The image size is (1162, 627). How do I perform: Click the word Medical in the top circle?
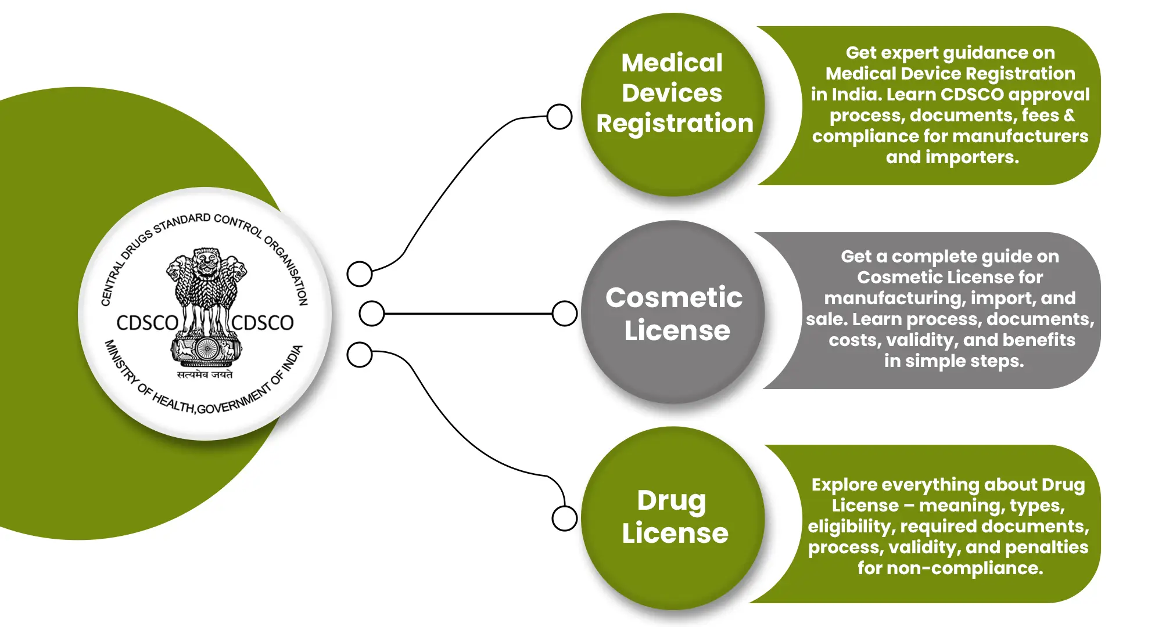[x=672, y=63]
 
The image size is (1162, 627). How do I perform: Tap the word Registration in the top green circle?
[x=675, y=124]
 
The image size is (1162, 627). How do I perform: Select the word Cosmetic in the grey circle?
[x=674, y=298]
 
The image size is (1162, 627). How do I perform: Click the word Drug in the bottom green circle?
[x=672, y=500]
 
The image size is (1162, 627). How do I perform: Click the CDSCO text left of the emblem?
[x=147, y=323]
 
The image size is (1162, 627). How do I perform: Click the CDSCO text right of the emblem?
[x=263, y=323]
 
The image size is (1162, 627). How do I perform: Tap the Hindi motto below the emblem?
[x=205, y=374]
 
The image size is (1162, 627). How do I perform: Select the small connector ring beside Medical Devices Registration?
[x=560, y=117]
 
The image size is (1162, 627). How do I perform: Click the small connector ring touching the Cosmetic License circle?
[x=564, y=313]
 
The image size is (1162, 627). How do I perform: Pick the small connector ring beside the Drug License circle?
[x=564, y=518]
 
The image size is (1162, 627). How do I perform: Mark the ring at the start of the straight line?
[x=372, y=313]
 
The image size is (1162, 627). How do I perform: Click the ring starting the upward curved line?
[x=360, y=274]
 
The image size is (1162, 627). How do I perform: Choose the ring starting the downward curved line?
[x=360, y=355]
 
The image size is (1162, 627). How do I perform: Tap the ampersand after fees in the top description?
[x=1069, y=116]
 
